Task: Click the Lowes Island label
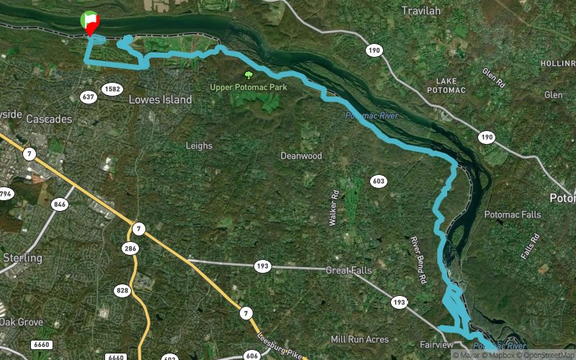(160, 99)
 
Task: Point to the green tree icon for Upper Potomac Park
(249, 74)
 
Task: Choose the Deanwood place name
(301, 156)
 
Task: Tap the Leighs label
(199, 145)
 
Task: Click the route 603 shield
(379, 181)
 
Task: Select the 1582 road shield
(112, 89)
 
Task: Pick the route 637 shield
(89, 96)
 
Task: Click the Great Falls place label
(348, 271)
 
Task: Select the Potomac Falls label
(512, 215)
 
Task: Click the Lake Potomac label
(446, 84)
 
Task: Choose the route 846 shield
(60, 204)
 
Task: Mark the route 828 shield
(122, 290)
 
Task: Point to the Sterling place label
(22, 258)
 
